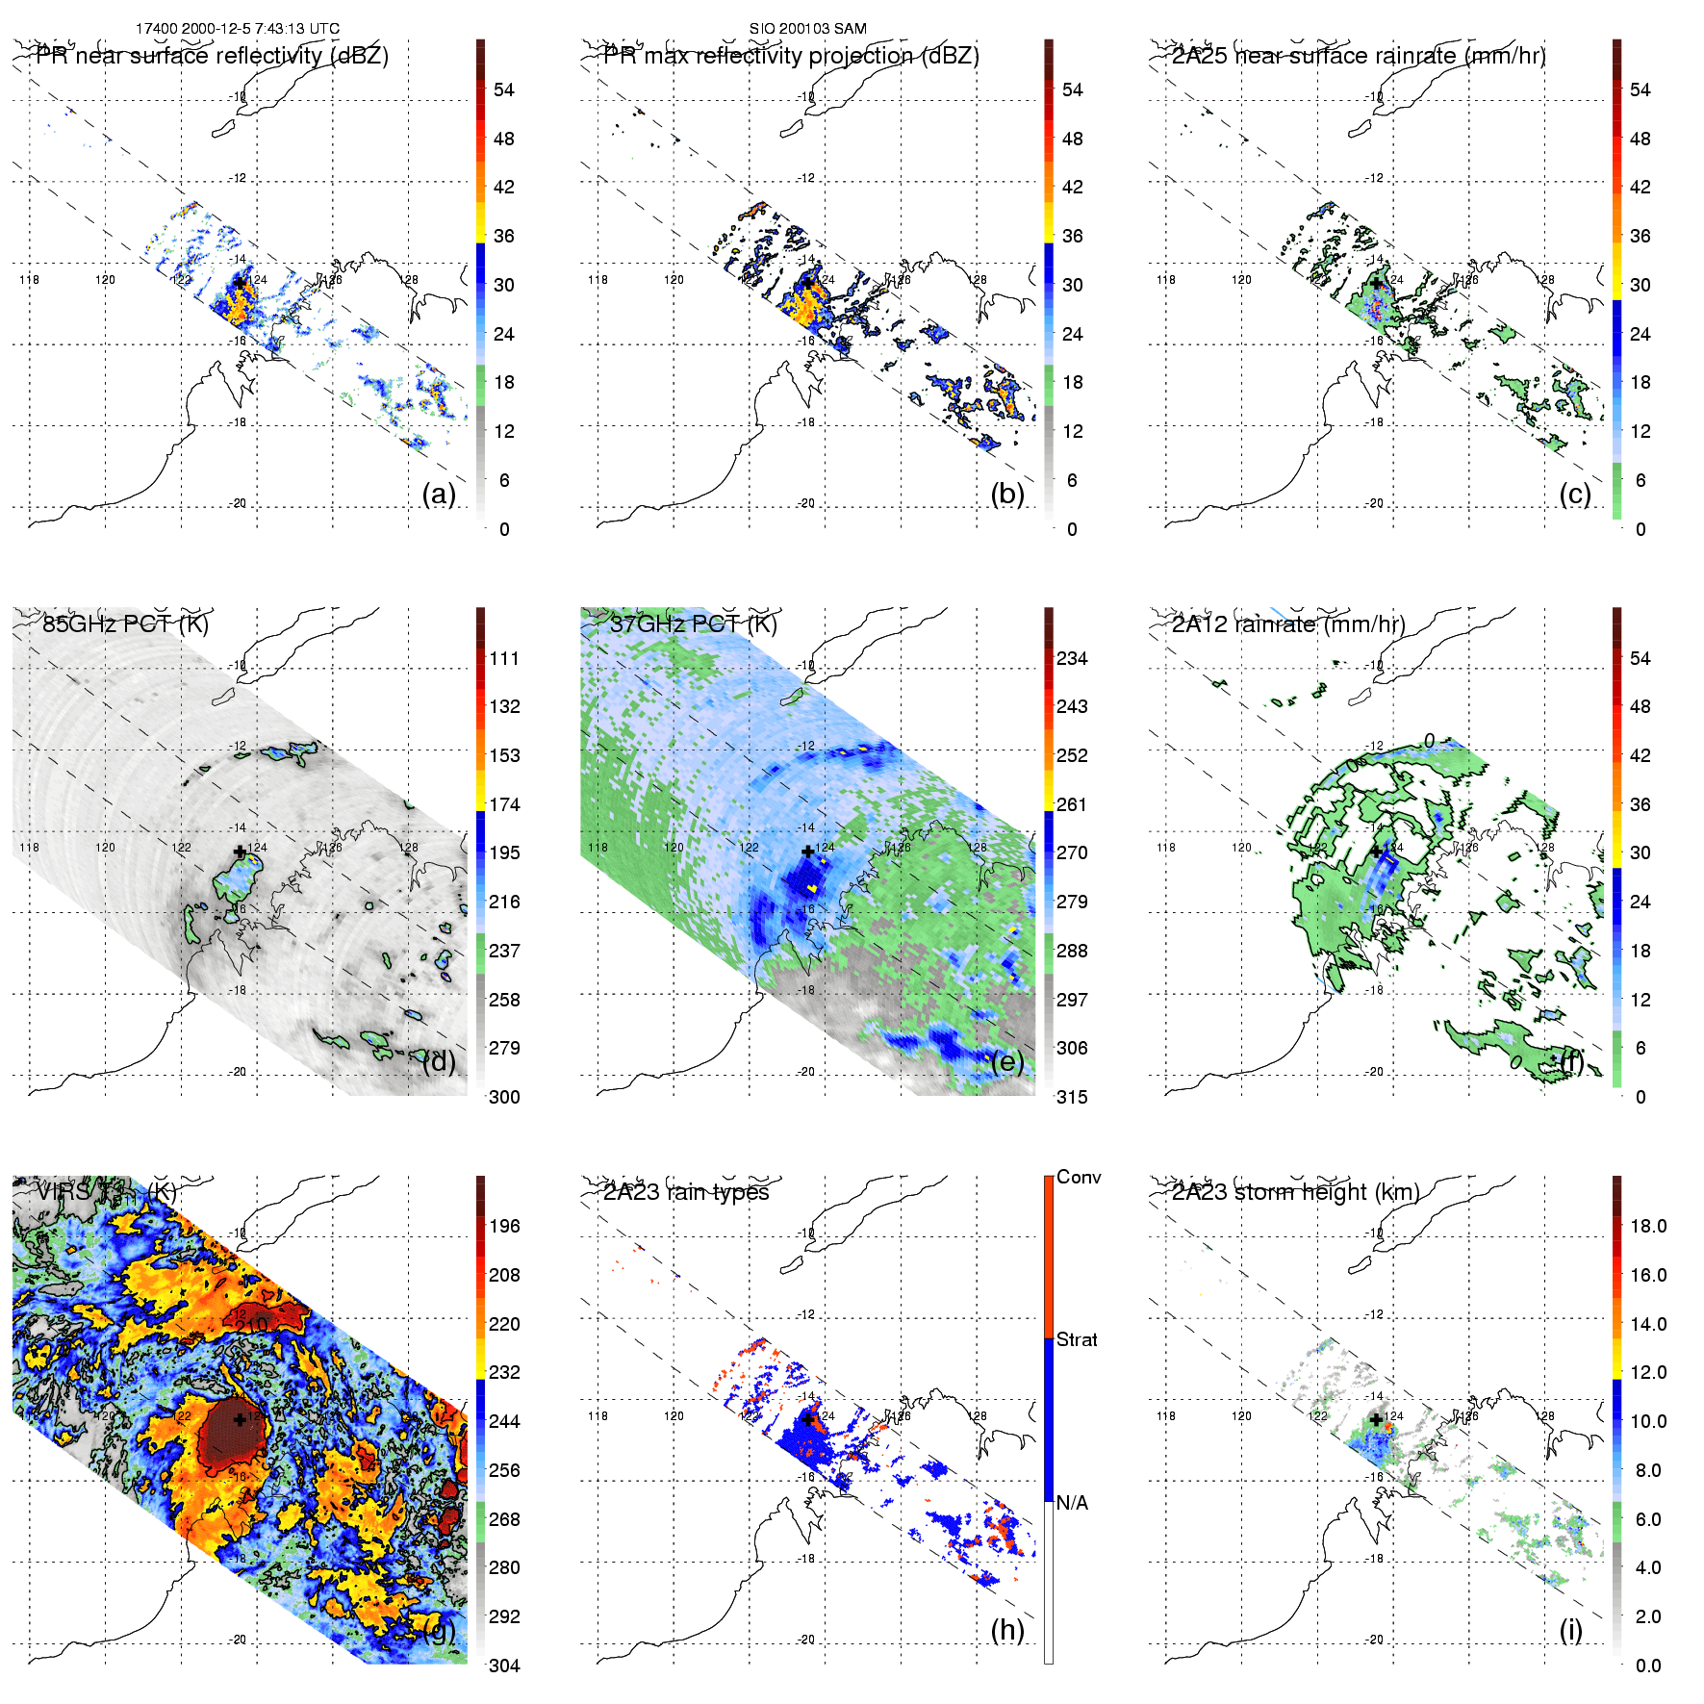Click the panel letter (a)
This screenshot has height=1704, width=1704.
pos(439,495)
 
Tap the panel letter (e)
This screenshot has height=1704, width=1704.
pos(1007,1062)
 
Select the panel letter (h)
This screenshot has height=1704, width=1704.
pos(1007,1630)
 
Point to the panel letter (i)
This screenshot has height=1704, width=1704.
pos(1571,1630)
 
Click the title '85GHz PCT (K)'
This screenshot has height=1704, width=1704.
pos(125,623)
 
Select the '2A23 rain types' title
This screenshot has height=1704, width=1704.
pos(686,1192)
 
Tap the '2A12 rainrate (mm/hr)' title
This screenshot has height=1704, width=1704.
pos(1288,623)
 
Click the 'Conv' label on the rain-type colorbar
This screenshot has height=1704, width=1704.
pos(1079,1177)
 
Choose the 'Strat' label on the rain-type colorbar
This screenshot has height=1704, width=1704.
pos(1077,1339)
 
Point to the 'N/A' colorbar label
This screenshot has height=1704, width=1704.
pos(1073,1503)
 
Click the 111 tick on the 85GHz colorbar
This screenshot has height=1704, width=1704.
pos(504,658)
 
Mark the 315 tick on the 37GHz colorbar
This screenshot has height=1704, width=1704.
pos(1072,1097)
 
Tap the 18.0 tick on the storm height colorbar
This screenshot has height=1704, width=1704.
pos(1648,1226)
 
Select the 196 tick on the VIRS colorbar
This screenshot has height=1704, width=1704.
pos(504,1226)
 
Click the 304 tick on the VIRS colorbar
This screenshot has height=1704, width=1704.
pos(504,1666)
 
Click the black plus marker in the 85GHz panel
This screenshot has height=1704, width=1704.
pos(240,852)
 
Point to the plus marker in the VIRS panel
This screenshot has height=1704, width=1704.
pos(240,1419)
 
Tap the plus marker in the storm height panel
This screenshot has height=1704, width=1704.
pos(1376,1419)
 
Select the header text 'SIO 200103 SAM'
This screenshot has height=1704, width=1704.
pos(808,29)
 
